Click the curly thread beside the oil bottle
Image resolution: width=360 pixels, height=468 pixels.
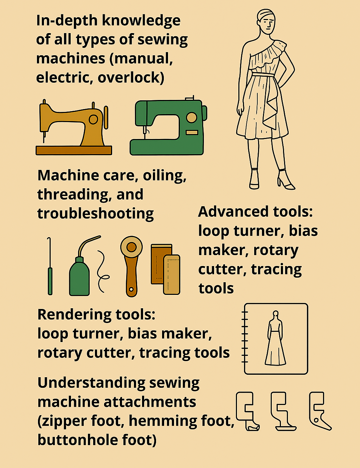tap(102, 271)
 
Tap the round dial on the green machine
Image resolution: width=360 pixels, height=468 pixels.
tap(191, 118)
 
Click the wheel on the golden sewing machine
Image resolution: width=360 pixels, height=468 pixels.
tap(93, 119)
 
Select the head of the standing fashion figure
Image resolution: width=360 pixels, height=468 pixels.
tap(266, 21)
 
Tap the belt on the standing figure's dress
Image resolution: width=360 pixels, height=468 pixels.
tap(263, 75)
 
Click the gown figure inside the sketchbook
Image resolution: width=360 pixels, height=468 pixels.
tap(275, 338)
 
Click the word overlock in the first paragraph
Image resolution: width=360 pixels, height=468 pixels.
tap(131, 77)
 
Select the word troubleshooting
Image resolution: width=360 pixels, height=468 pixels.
tap(96, 214)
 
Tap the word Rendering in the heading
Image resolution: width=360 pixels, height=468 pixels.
tap(75, 315)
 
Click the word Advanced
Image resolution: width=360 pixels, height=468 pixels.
tap(233, 211)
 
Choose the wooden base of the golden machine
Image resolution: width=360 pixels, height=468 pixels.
tap(74, 150)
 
